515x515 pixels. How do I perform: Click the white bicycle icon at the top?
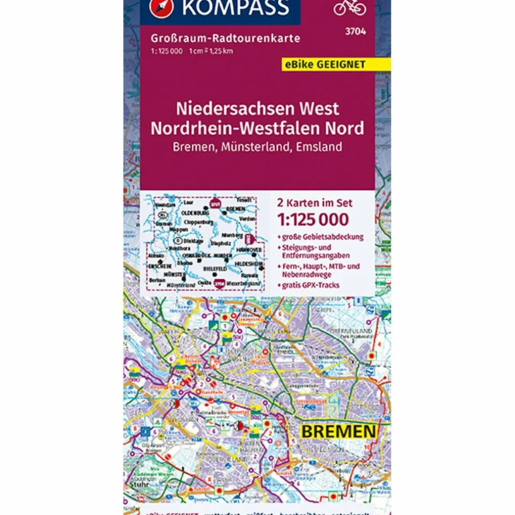(x=350, y=7)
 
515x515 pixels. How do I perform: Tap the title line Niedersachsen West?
(x=257, y=108)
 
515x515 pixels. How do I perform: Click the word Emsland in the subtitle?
(x=319, y=147)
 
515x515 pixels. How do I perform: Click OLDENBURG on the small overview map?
(x=195, y=214)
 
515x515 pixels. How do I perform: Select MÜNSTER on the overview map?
(x=174, y=274)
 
